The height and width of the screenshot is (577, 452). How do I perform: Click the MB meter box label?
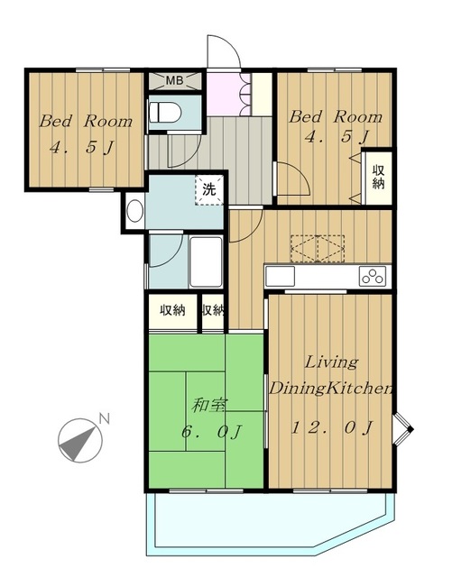[x=175, y=80]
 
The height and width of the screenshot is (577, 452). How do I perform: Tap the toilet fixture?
[x=165, y=112]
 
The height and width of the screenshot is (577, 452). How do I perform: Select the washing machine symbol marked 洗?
[x=209, y=190]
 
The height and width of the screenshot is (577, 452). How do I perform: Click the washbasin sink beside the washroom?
[x=134, y=210]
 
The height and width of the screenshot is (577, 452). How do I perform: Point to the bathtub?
[x=206, y=262]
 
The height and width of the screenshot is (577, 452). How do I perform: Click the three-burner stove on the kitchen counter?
[x=373, y=277]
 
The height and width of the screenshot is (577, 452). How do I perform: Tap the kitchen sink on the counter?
[x=280, y=277]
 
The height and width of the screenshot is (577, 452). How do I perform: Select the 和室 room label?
[x=209, y=405]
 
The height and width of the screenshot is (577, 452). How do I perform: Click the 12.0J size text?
[x=332, y=428]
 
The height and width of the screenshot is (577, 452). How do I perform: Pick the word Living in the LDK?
[x=331, y=362]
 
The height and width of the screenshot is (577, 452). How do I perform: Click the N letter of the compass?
[x=105, y=418]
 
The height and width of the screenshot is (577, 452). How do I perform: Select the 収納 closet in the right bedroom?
[x=377, y=177]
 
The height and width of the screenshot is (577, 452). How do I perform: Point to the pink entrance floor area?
[x=224, y=94]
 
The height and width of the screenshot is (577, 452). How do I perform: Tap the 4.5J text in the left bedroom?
[x=82, y=148]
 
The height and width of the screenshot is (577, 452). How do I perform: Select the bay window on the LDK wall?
[x=402, y=429]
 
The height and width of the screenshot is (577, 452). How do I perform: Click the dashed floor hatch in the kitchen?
[x=318, y=249]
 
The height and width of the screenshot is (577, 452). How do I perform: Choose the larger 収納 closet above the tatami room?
[x=172, y=311]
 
